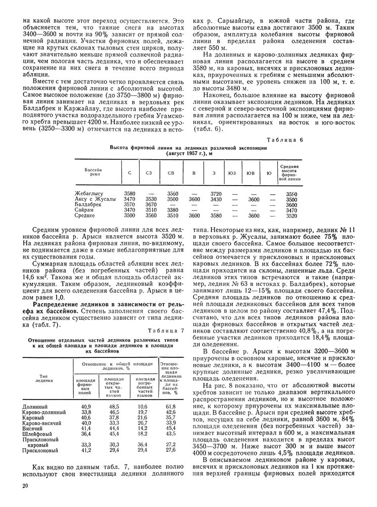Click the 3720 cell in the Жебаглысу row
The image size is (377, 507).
(x=215, y=193)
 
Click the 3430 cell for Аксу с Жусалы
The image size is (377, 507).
(x=215, y=199)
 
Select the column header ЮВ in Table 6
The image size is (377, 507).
(x=250, y=174)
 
